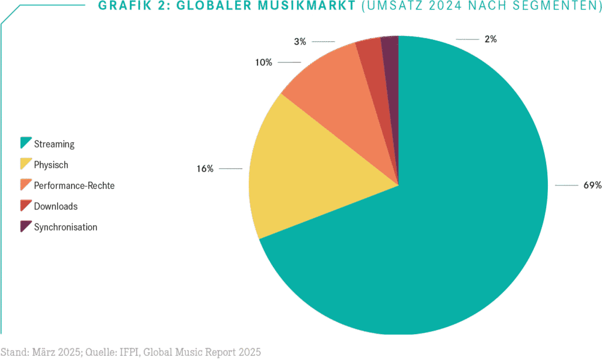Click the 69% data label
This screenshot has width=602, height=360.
click(592, 185)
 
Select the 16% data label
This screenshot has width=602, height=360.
click(205, 169)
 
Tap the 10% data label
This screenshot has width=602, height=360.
click(263, 62)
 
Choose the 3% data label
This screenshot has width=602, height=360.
click(300, 42)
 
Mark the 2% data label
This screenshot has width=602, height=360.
click(490, 39)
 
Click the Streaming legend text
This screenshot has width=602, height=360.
click(54, 144)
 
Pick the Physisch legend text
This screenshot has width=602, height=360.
click(51, 165)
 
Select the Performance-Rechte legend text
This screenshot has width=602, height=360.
click(74, 186)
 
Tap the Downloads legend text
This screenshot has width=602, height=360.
click(56, 206)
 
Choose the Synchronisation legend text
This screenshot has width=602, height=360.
click(66, 227)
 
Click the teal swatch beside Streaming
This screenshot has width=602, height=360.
click(25, 143)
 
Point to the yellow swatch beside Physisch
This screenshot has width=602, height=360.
click(25, 164)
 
